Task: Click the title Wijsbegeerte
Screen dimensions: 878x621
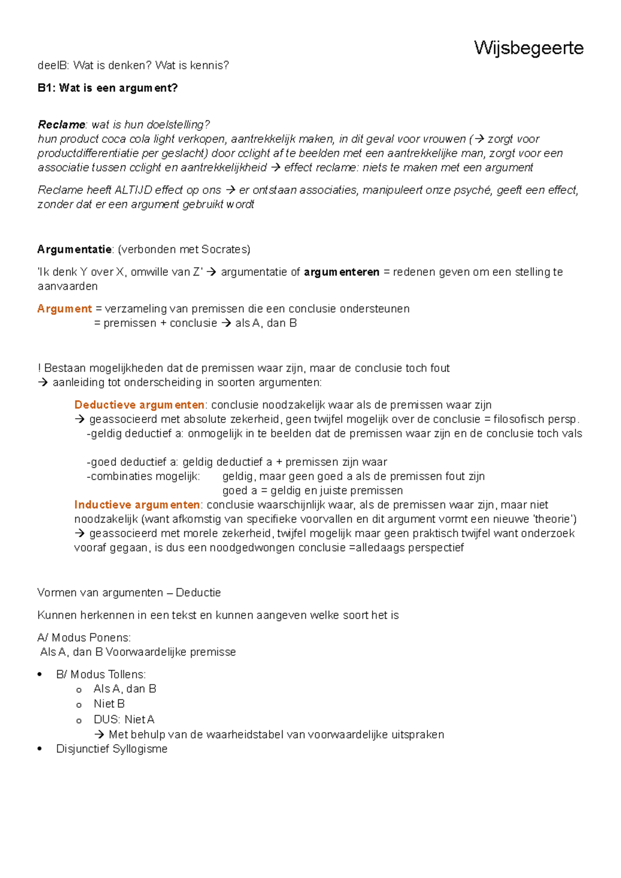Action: [x=528, y=48]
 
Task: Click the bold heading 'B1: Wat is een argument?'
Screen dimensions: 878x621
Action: [x=107, y=88]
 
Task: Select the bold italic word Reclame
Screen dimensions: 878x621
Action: [x=61, y=125]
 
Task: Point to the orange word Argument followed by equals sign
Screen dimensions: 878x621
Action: [x=64, y=309]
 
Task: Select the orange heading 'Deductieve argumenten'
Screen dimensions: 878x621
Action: [x=139, y=405]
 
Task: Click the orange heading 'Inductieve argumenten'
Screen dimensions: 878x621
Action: [x=137, y=505]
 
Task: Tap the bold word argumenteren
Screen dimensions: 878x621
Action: [x=341, y=272]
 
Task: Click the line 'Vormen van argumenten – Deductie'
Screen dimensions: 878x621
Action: [x=129, y=593]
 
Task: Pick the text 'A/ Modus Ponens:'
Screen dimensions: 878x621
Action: [x=84, y=638]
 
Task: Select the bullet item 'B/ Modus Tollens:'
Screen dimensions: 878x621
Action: [x=101, y=674]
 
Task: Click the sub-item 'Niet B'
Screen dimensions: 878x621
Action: [x=109, y=704]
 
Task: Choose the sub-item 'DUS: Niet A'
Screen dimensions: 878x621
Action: [x=124, y=719]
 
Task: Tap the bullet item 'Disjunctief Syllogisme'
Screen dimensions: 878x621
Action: [x=111, y=749]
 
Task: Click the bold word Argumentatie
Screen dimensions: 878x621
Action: [x=75, y=249]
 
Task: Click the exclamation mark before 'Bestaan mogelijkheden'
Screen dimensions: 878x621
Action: [x=39, y=368]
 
